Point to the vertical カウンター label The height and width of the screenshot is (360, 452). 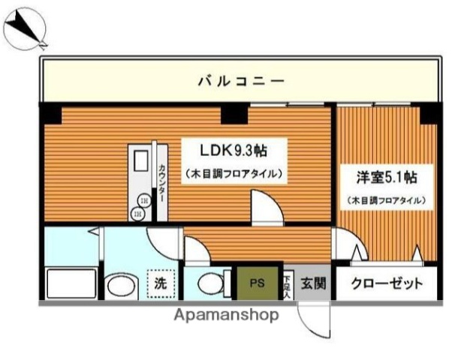162,184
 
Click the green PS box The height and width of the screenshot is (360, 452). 258,283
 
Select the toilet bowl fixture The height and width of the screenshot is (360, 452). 213,284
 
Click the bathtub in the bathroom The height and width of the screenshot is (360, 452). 71,284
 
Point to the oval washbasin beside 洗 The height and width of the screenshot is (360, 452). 119,286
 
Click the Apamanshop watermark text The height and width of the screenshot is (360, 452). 226,315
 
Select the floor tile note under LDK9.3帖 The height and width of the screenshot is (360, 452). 234,174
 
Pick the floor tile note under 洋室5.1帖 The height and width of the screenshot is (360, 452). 387,200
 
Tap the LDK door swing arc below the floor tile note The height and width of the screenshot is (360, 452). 266,207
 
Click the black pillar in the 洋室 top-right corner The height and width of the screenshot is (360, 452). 430,113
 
